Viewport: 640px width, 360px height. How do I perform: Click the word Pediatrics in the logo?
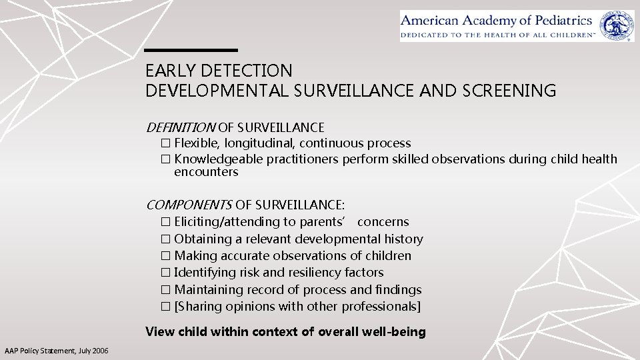tap(559, 19)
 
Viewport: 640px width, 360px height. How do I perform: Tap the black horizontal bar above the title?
tap(191, 50)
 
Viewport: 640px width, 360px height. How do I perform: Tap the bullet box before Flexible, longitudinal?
tap(165, 143)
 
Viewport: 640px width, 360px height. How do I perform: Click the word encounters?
tap(206, 172)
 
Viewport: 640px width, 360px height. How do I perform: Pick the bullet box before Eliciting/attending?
tap(165, 222)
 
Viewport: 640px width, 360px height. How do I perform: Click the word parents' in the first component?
tap(325, 222)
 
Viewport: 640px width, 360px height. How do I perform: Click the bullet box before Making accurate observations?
tap(165, 256)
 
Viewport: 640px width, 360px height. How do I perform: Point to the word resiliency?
tap(315, 273)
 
